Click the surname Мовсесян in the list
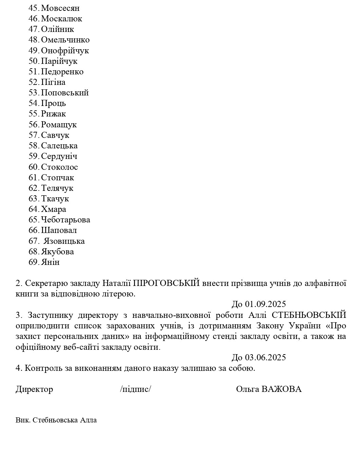(60, 8)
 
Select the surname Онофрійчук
(65, 51)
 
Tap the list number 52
(34, 82)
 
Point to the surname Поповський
(64, 93)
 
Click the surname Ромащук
(59, 125)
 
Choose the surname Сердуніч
(59, 156)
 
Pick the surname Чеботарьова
(65, 220)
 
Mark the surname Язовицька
(64, 241)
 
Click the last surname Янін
(50, 262)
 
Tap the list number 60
(34, 167)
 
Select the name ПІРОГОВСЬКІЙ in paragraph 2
(166, 283)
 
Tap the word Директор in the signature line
(34, 389)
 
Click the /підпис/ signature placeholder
(135, 389)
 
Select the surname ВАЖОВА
(281, 389)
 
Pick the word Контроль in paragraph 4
(43, 368)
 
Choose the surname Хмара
(53, 209)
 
